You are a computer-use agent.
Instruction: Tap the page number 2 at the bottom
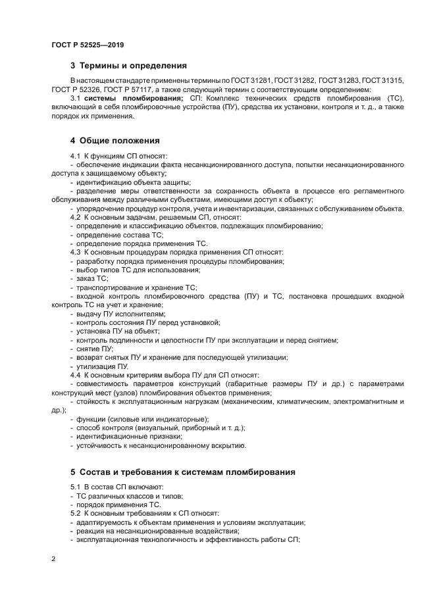click(53, 559)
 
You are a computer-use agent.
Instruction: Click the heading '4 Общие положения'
click(114, 141)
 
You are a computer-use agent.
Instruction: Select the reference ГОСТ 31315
click(382, 80)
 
